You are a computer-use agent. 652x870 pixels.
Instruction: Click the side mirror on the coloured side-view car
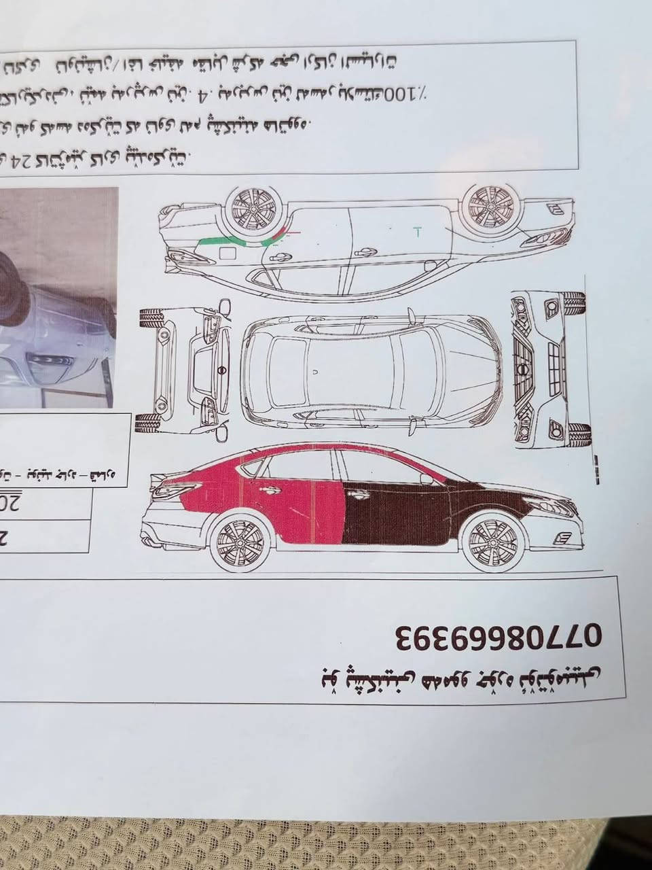pyautogui.click(x=427, y=479)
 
